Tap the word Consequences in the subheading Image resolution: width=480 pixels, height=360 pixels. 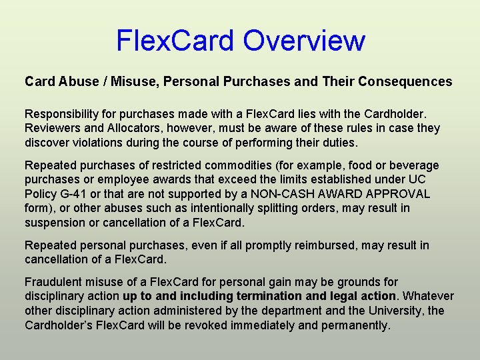coord(405,82)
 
